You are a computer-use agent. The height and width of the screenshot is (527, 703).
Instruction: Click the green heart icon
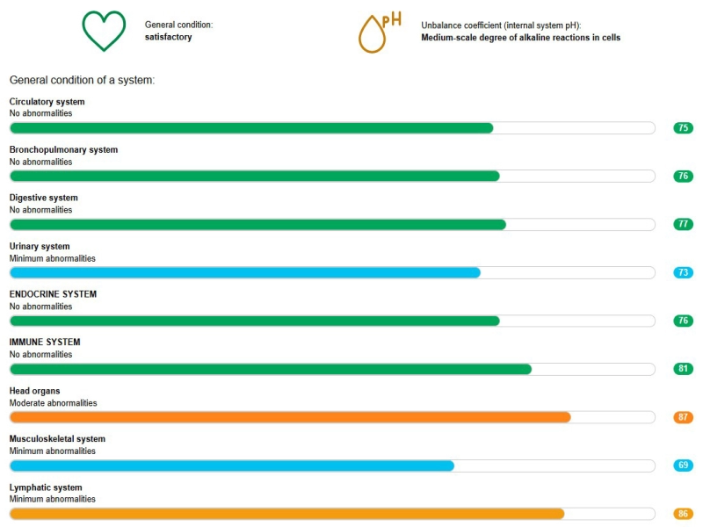104,32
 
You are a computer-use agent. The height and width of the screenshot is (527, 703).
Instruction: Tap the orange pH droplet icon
376,33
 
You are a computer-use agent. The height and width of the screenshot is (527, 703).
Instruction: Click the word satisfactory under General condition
168,37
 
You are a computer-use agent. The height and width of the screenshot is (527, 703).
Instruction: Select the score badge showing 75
683,128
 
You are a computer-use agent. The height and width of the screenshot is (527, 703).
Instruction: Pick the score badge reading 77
683,224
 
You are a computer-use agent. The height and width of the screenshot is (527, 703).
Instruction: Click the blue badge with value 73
683,272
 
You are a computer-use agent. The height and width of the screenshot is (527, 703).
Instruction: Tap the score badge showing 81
683,369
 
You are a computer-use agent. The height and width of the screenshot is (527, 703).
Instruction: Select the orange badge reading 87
683,417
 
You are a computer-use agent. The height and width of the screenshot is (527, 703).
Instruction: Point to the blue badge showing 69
683,466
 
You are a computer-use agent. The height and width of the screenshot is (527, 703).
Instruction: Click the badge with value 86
683,514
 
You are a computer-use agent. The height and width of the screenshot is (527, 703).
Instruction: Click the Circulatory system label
47,102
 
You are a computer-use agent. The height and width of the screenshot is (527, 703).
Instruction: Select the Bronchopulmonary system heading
63,150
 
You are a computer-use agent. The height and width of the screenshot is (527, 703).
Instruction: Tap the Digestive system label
43,198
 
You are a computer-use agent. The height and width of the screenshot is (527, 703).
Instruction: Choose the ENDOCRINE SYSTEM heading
53,294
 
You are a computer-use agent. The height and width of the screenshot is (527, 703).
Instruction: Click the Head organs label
34,391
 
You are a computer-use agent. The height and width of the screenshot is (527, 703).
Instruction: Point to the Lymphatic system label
45,487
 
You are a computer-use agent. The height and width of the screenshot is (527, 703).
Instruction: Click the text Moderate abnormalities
53,403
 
